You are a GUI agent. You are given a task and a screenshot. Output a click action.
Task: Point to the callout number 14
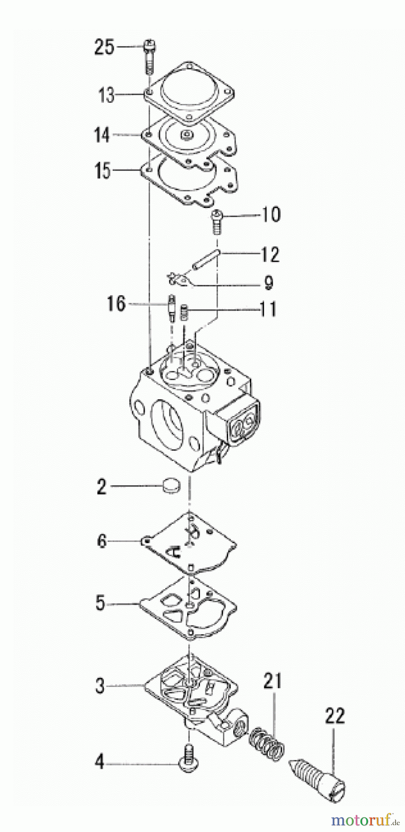point(102,135)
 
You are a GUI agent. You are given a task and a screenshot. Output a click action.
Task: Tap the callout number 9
point(268,282)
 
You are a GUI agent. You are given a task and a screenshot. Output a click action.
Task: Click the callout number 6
point(102,540)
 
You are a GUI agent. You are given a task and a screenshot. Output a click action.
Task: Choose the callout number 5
point(101,604)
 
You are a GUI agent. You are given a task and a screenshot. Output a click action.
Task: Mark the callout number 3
point(100,686)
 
